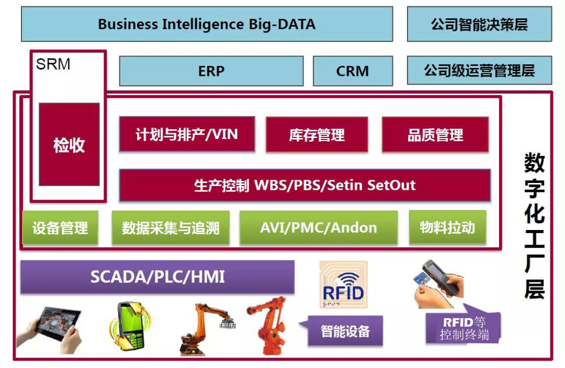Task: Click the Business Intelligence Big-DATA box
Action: (x=207, y=24)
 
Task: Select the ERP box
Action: (x=211, y=71)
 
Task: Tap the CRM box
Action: (x=353, y=71)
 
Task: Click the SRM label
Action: (x=53, y=64)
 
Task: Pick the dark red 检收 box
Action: (x=69, y=144)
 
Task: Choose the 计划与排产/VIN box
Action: (x=187, y=134)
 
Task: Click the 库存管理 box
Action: (x=317, y=135)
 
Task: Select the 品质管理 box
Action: (x=435, y=135)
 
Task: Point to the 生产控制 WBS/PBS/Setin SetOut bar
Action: (x=304, y=185)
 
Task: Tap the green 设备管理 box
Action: (x=60, y=227)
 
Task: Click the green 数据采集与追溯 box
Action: (x=171, y=227)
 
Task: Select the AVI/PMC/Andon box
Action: (x=318, y=227)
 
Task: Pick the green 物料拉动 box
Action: (x=447, y=227)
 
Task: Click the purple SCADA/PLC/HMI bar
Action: (x=157, y=277)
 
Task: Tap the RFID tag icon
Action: (x=343, y=285)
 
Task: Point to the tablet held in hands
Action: (x=50, y=328)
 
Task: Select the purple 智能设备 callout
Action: (x=345, y=330)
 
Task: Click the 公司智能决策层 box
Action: (x=479, y=24)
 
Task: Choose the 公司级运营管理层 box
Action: (x=479, y=71)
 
